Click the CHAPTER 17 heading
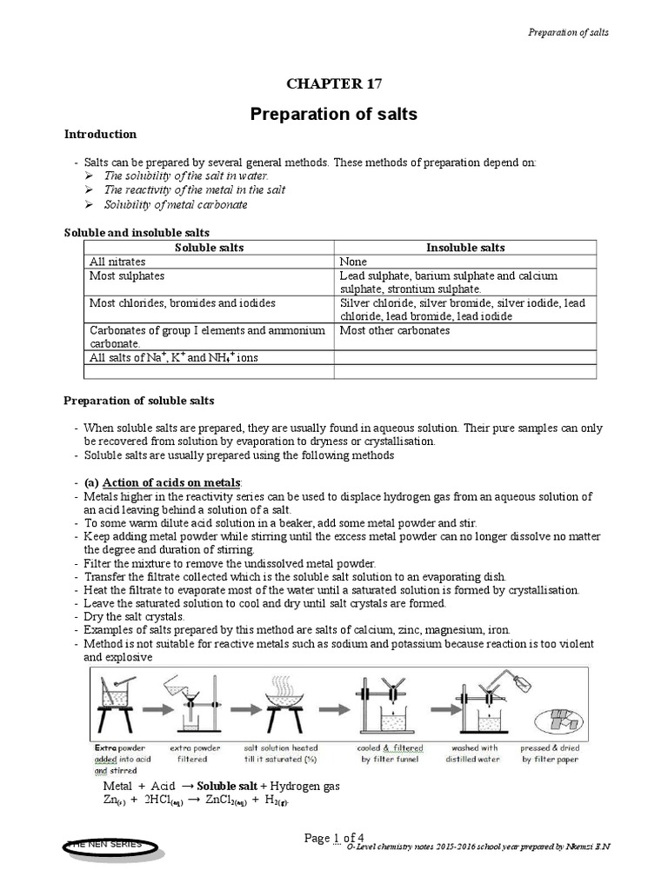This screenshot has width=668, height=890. point(334,83)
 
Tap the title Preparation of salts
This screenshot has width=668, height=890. point(334,114)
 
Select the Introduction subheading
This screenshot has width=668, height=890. point(101,135)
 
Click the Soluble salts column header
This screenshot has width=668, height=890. point(210,248)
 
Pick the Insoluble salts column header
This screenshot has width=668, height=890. point(465,248)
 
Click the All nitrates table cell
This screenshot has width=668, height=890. point(118,262)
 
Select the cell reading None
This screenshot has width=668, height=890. point(354,262)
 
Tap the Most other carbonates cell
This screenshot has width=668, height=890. point(394,330)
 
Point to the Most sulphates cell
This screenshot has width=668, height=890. point(127,276)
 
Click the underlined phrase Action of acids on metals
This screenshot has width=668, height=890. point(172,483)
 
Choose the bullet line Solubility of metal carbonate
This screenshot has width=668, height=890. point(176,204)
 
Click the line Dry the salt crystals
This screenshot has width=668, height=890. point(135,616)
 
